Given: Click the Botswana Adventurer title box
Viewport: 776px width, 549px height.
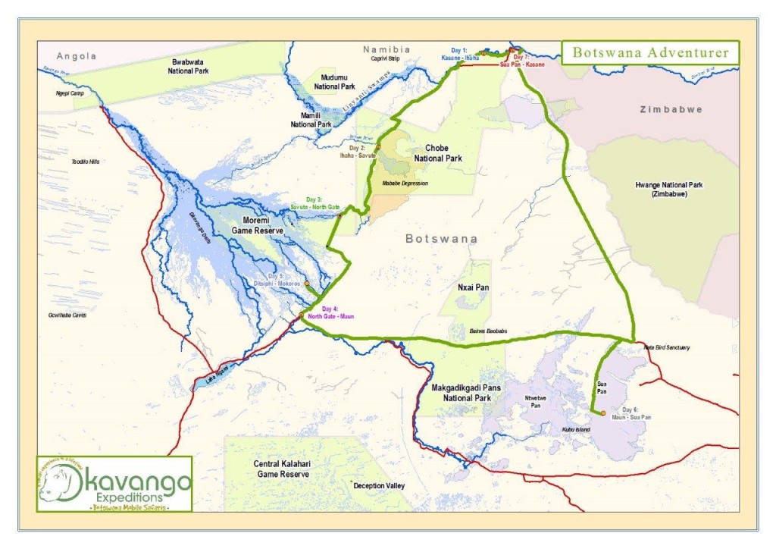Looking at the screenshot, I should [x=649, y=52].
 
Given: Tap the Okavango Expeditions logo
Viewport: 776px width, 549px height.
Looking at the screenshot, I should [x=114, y=483].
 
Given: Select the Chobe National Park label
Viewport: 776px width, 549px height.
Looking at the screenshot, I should [x=437, y=153].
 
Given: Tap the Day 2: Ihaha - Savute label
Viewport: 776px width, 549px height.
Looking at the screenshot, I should [x=355, y=151].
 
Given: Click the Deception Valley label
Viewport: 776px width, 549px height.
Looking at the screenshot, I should [x=379, y=485].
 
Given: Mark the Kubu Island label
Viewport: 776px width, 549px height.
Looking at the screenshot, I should [x=576, y=430].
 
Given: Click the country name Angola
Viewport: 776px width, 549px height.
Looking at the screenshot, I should [x=78, y=56].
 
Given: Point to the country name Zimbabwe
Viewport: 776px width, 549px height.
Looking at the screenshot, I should [x=671, y=109].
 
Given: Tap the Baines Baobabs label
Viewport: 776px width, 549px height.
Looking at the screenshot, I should [x=487, y=331].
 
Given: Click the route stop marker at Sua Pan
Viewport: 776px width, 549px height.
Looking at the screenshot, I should [x=602, y=413].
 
